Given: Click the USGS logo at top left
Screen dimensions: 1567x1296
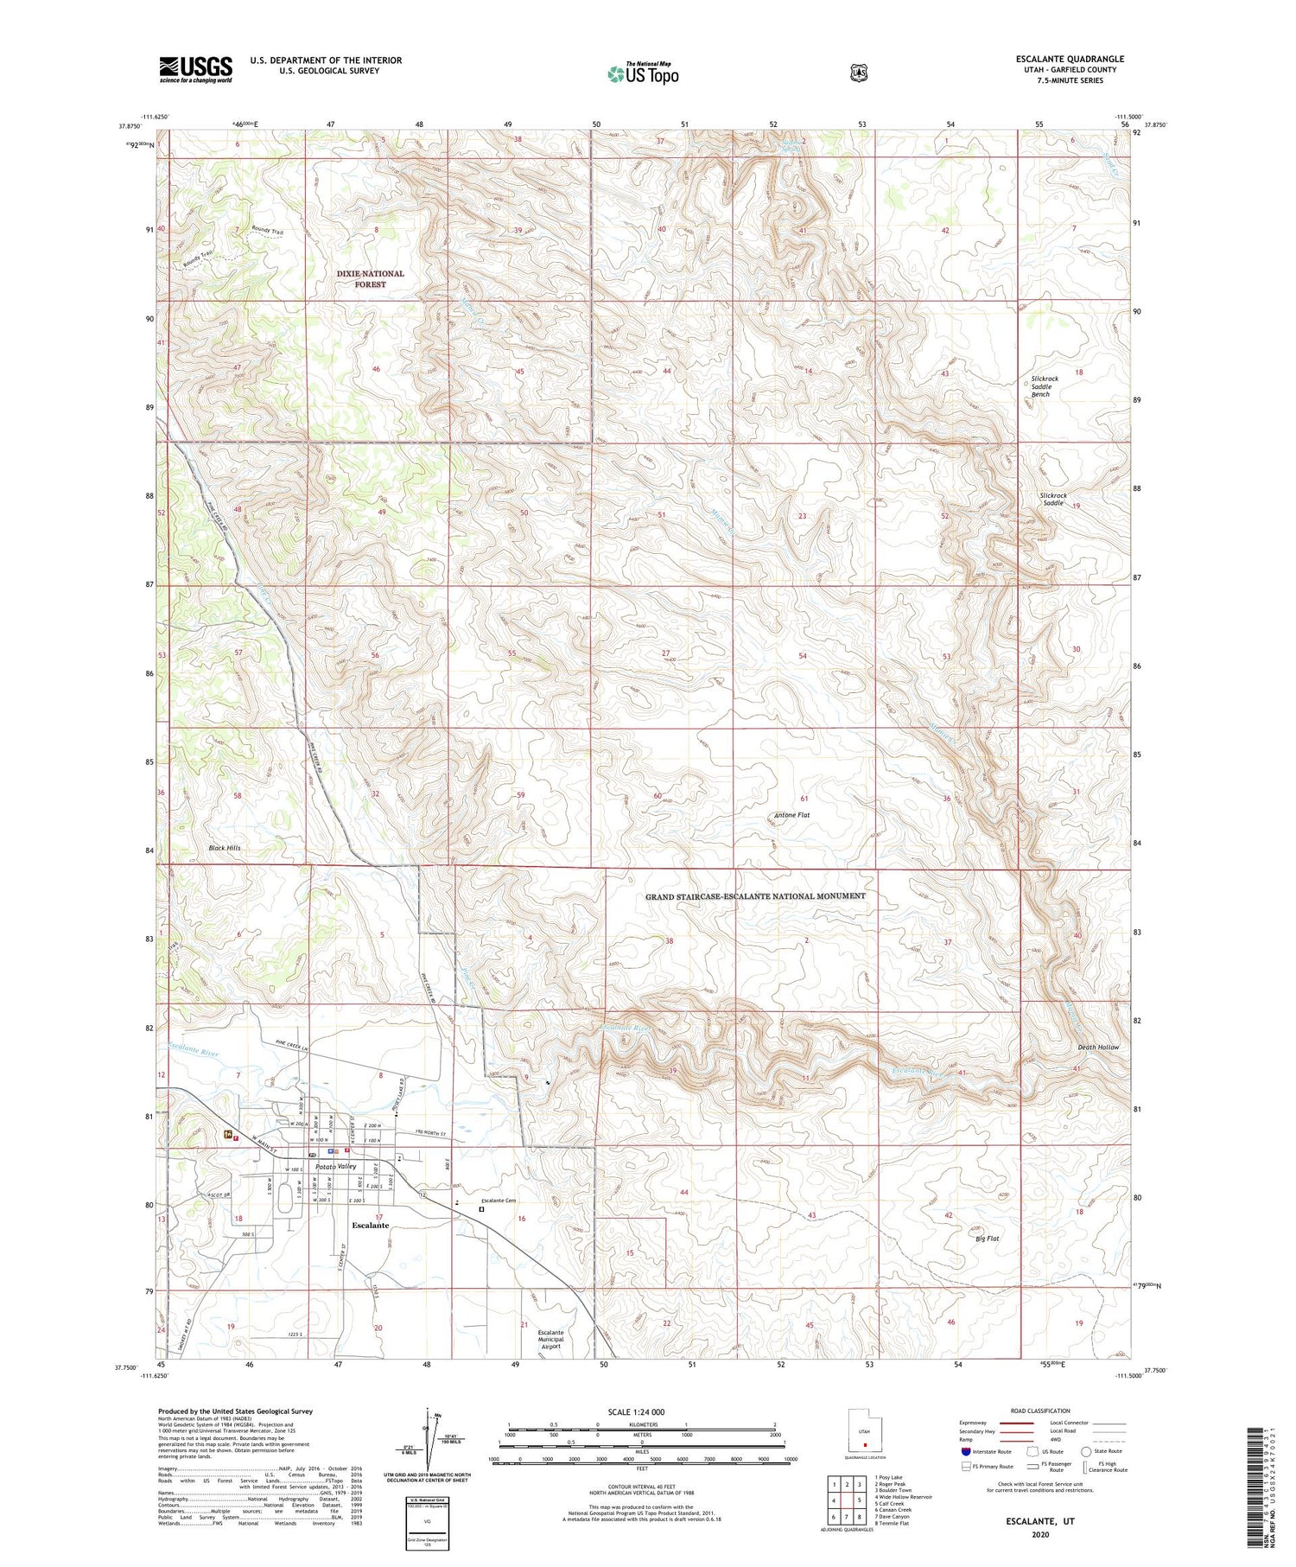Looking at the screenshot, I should point(195,69).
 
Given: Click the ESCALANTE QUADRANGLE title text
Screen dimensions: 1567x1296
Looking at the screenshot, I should point(1070,59).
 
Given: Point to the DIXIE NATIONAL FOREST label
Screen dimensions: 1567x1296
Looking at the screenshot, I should point(370,278).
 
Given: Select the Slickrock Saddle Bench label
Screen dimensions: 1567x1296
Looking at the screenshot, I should point(1044,386).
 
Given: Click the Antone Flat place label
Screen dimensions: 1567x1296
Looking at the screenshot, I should point(791,815).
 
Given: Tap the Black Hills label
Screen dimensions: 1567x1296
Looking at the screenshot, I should point(225,848).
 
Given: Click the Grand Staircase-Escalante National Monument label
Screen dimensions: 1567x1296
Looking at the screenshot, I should point(755,896).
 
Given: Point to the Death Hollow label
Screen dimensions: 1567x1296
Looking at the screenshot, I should point(1097,1048).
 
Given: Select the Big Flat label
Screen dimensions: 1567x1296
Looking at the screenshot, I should point(987,1239).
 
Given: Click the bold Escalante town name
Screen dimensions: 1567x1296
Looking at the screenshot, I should point(371,1226).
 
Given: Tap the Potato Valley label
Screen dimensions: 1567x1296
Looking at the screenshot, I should point(335,1167).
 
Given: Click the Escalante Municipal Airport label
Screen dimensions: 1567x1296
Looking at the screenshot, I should point(550,1339).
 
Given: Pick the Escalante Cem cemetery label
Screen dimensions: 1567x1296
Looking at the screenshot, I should point(499,1201).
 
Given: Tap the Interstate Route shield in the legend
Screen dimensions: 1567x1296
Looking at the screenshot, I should point(966,1451).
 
